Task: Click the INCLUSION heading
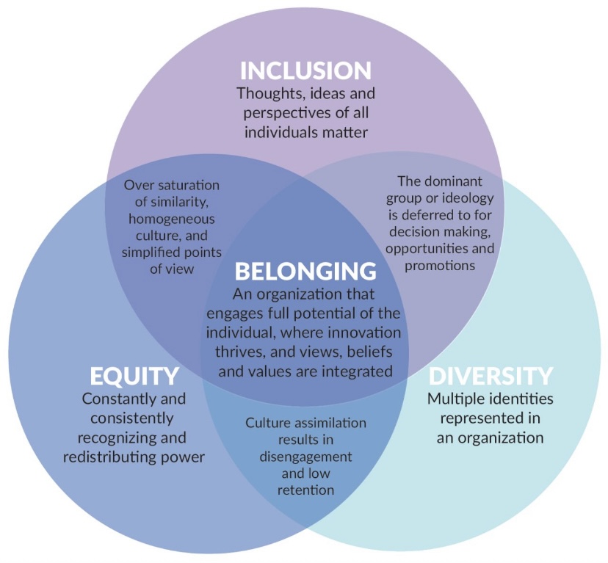[x=305, y=71]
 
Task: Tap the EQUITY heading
[x=134, y=376]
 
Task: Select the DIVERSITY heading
[x=491, y=376]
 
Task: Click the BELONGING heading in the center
[x=305, y=271]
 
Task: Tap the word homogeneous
[x=171, y=219]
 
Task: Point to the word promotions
[x=440, y=266]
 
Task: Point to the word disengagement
[x=305, y=457]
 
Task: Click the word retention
[x=305, y=490]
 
